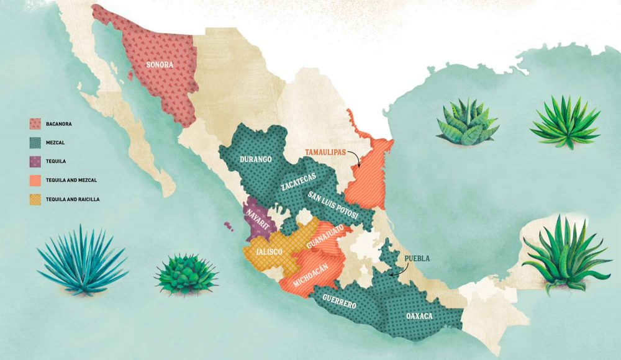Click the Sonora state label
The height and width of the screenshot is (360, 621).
click(x=159, y=64)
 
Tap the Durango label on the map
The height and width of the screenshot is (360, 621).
click(x=255, y=160)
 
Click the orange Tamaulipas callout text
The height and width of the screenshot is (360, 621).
click(x=325, y=151)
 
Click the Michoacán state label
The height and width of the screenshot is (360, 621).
click(x=309, y=273)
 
